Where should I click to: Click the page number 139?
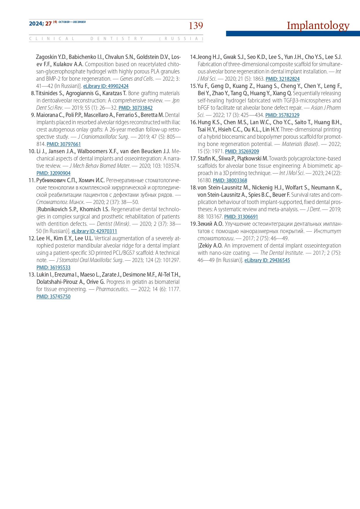coord(196,26)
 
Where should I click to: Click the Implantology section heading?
coord(318,26)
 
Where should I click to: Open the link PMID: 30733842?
coord(135,108)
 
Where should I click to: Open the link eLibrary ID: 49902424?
coord(106,86)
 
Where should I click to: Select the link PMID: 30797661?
coord(64,144)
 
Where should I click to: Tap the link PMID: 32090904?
coord(53,173)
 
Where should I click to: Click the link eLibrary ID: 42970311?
coord(94,231)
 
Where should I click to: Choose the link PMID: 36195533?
coord(53,268)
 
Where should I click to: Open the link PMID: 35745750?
coord(53,297)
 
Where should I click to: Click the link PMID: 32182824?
coord(283,79)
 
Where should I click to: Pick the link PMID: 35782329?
coord(282,115)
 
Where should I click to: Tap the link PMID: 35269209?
coord(242,151)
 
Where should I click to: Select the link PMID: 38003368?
coord(230,181)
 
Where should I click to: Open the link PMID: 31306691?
coord(241,217)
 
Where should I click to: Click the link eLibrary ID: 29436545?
coord(267,260)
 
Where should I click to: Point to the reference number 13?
coord(32,275)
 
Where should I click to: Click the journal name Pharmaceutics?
coord(112,289)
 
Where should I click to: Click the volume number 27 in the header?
coord(48,24)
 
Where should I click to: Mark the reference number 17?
coord(193,158)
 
